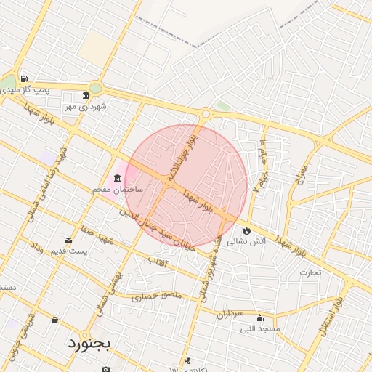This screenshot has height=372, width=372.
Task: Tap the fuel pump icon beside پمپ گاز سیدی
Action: (x=25, y=78)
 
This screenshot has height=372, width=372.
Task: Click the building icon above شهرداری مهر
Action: (x=86, y=96)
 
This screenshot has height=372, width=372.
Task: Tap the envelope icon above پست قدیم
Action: (x=69, y=240)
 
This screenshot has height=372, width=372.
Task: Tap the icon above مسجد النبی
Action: (x=259, y=318)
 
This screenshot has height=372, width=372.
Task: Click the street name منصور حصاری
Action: (x=154, y=296)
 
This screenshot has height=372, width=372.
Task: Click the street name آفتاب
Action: (x=157, y=260)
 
